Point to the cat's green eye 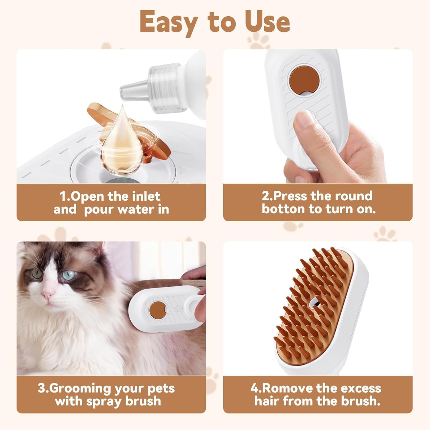(36, 274)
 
